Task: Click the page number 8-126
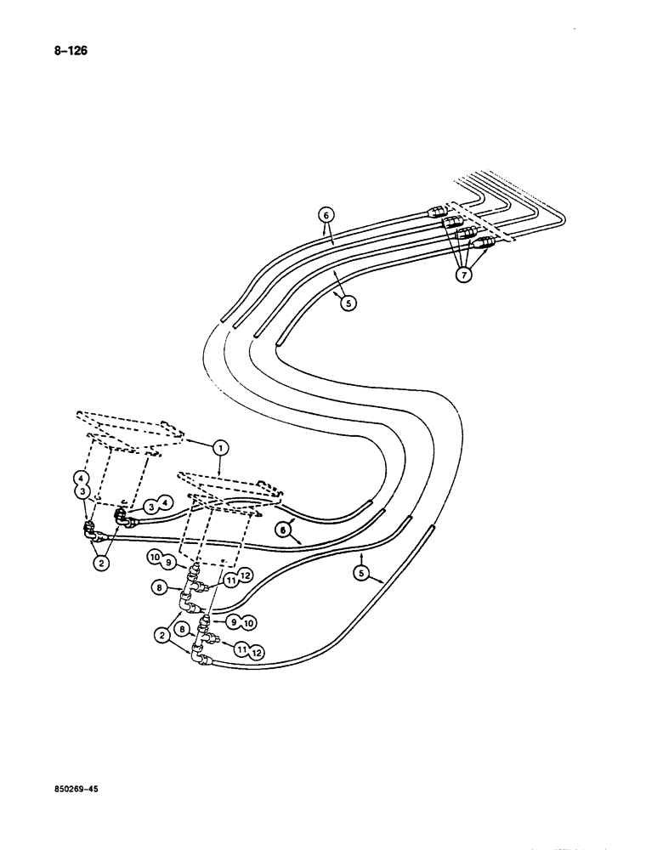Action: [x=71, y=51]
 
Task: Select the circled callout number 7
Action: [x=463, y=275]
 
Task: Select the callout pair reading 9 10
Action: [x=241, y=621]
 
